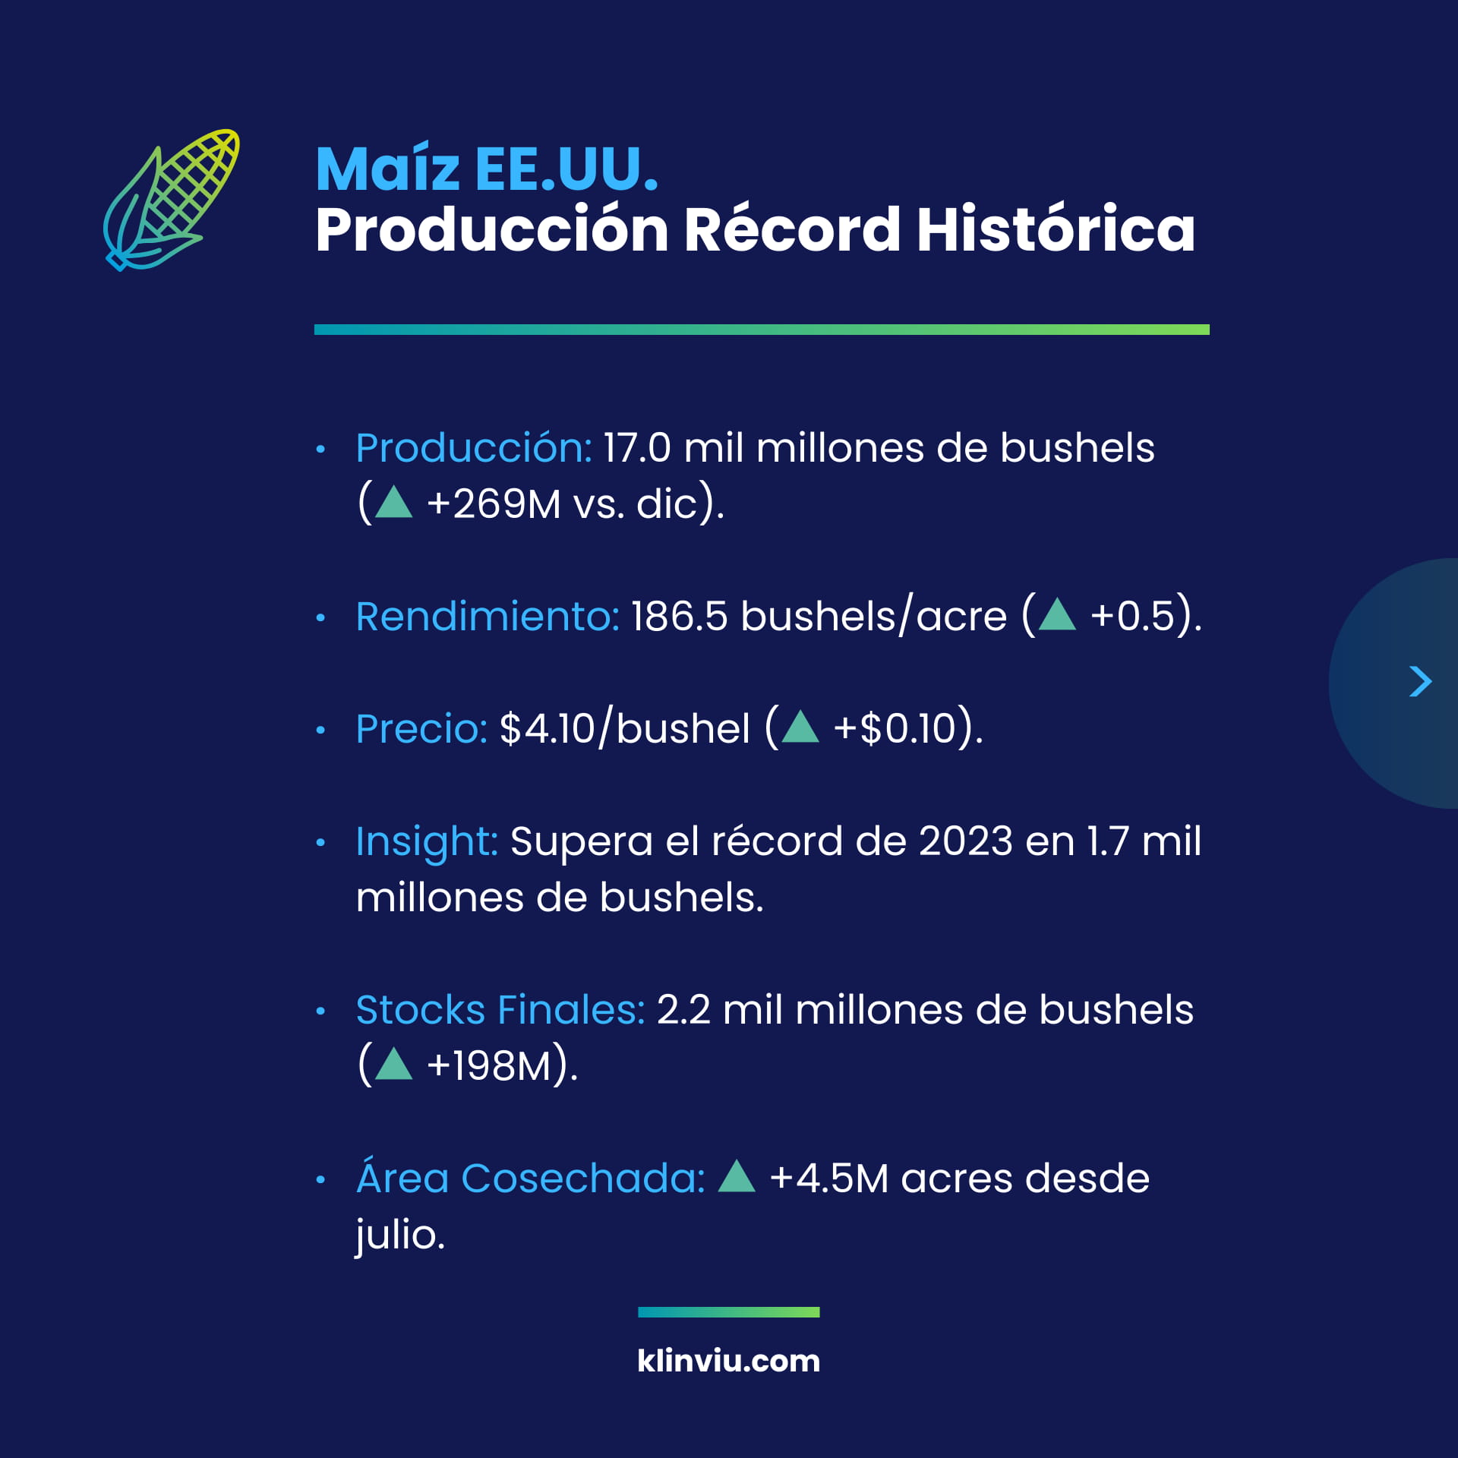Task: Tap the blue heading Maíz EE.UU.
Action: click(487, 169)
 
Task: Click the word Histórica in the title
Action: click(1056, 229)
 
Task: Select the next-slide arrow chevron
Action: click(1420, 681)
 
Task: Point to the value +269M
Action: click(494, 503)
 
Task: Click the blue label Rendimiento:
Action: click(488, 616)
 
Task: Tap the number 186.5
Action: click(679, 616)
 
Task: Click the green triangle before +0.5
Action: click(1057, 614)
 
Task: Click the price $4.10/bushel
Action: click(625, 728)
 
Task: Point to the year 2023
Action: click(966, 841)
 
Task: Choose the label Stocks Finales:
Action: click(500, 1010)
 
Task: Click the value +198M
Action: click(488, 1065)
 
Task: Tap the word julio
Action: click(400, 1235)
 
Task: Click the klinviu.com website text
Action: click(729, 1361)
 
